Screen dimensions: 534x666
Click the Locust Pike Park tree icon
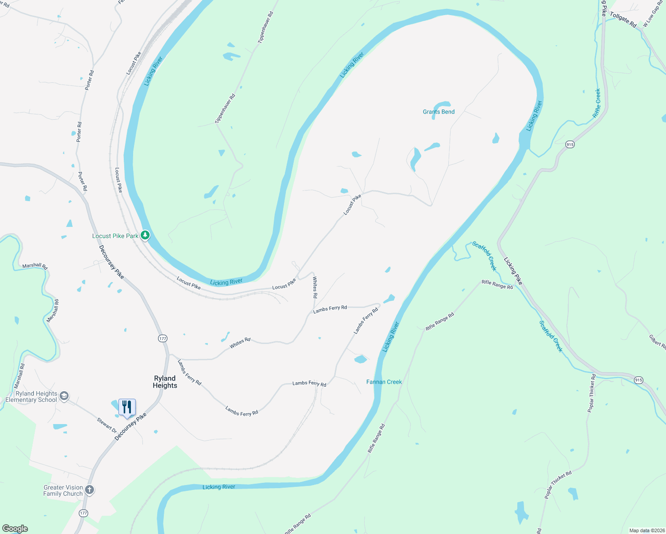pyautogui.click(x=145, y=235)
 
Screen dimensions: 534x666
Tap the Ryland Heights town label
pyautogui.click(x=165, y=382)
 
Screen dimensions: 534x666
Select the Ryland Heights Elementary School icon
pyautogui.click(x=64, y=396)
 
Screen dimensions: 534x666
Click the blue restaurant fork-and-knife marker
pyautogui.click(x=127, y=407)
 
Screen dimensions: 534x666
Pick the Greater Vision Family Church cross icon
pyautogui.click(x=89, y=490)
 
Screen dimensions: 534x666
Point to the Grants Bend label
pyautogui.click(x=439, y=112)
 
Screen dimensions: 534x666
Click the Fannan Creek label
pyautogui.click(x=384, y=382)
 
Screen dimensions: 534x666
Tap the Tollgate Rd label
pyautogui.click(x=623, y=20)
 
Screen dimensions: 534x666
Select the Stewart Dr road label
pyautogui.click(x=107, y=425)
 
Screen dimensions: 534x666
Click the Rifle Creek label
pyautogui.click(x=597, y=103)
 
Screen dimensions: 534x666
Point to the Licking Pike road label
pyautogui.click(x=513, y=271)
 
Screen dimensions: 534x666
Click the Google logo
pyautogui.click(x=15, y=529)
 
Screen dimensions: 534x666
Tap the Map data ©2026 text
pyautogui.click(x=646, y=530)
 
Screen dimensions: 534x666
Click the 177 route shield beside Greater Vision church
pyautogui.click(x=83, y=513)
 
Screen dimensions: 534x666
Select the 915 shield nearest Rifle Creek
pyautogui.click(x=570, y=144)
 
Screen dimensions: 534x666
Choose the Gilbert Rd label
pyautogui.click(x=657, y=342)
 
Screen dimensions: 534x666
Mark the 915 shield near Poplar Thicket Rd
pyautogui.click(x=638, y=380)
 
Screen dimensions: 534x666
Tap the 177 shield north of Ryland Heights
pyautogui.click(x=162, y=339)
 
